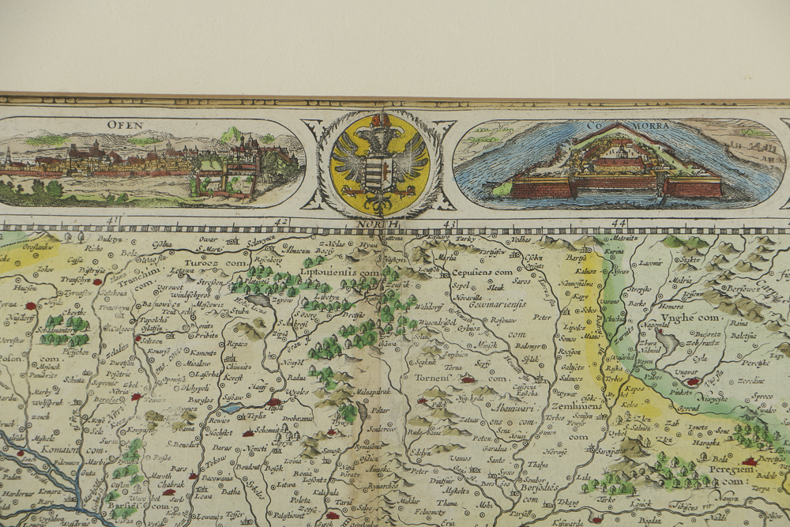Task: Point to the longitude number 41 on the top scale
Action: click(x=112, y=221)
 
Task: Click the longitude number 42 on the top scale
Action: click(x=281, y=222)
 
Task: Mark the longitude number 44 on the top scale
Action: click(x=618, y=223)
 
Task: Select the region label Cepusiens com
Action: click(x=483, y=272)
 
